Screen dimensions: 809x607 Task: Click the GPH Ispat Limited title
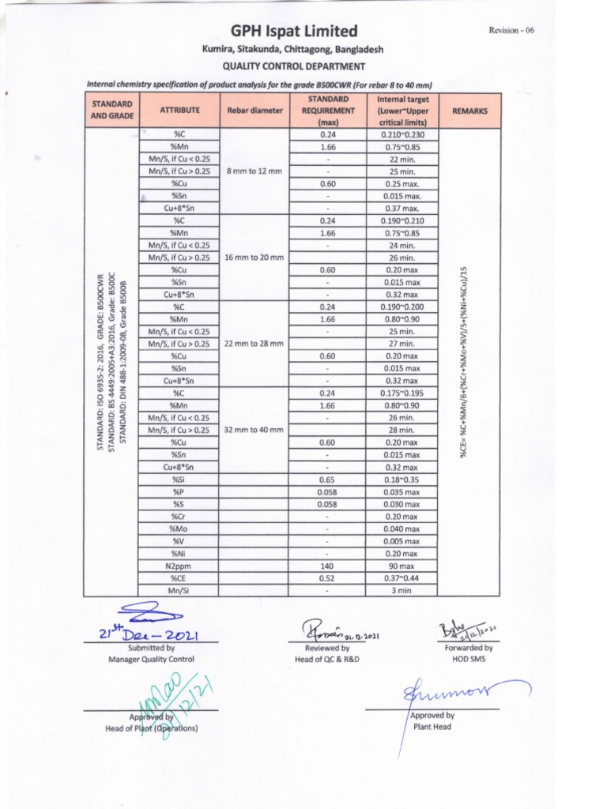click(x=294, y=31)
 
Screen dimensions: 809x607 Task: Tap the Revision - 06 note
click(x=512, y=30)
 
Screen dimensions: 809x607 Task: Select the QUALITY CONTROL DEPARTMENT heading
click(x=293, y=66)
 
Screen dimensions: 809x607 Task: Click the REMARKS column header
click(x=469, y=111)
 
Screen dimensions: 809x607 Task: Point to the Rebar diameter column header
click(x=254, y=111)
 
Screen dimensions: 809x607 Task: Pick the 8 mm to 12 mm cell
click(x=254, y=171)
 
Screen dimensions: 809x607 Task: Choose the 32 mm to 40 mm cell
click(x=254, y=430)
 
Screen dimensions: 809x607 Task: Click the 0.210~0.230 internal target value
click(x=403, y=134)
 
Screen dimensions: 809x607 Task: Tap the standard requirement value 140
click(x=327, y=566)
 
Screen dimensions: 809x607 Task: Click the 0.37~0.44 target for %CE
click(x=403, y=578)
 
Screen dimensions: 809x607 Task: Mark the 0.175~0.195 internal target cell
click(x=403, y=393)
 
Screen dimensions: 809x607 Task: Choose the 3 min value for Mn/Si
click(x=403, y=590)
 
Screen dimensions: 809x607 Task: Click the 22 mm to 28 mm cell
click(x=254, y=344)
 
